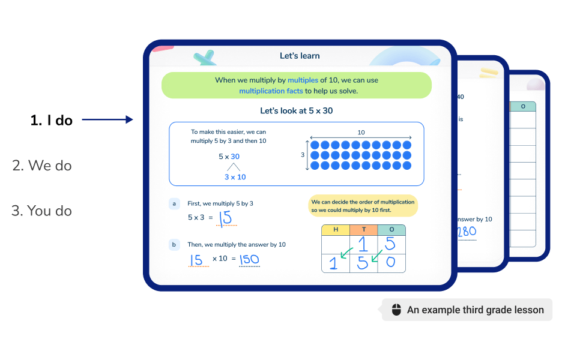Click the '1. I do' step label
[x=52, y=120]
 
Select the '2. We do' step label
[x=42, y=165]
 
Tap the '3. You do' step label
[x=42, y=211]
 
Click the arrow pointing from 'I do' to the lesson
[x=107, y=120]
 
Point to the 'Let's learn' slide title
[x=300, y=56]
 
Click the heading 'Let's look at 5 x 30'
[x=296, y=111]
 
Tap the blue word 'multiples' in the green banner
[x=303, y=80]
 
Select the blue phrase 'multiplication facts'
[x=271, y=91]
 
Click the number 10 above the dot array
[x=360, y=132]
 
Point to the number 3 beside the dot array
[x=303, y=155]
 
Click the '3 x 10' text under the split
[x=235, y=177]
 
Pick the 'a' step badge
[x=175, y=204]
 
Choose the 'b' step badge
[x=175, y=245]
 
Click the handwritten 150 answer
[x=249, y=259]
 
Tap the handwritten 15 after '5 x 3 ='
[x=226, y=218]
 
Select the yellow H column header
[x=335, y=230]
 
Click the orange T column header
[x=363, y=230]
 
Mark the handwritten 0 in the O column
[x=390, y=262]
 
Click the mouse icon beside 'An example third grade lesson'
[x=396, y=310]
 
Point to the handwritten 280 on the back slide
[x=467, y=232]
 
